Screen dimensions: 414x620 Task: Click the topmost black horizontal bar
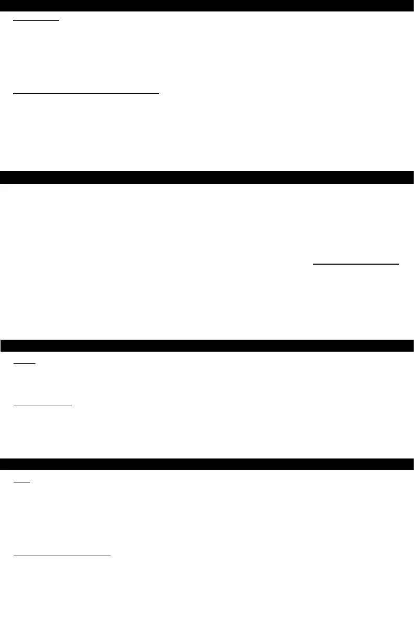point(207,6)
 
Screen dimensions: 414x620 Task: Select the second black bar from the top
point(207,177)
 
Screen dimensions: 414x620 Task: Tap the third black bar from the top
point(207,345)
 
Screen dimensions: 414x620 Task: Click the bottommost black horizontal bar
point(207,464)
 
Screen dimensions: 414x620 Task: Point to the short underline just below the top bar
point(36,21)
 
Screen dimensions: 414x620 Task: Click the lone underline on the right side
point(356,265)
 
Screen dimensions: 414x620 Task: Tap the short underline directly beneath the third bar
point(24,364)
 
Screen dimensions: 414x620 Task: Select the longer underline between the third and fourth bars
point(43,404)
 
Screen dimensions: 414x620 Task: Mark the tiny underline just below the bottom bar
point(22,482)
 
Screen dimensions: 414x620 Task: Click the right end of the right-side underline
point(399,265)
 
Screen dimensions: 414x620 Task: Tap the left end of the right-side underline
point(313,265)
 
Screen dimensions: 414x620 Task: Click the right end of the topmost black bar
point(411,6)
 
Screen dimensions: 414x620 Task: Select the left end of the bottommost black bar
point(3,464)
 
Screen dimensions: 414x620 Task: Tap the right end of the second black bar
point(411,177)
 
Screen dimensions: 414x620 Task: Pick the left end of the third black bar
point(3,345)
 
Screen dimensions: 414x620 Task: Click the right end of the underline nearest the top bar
point(60,21)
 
